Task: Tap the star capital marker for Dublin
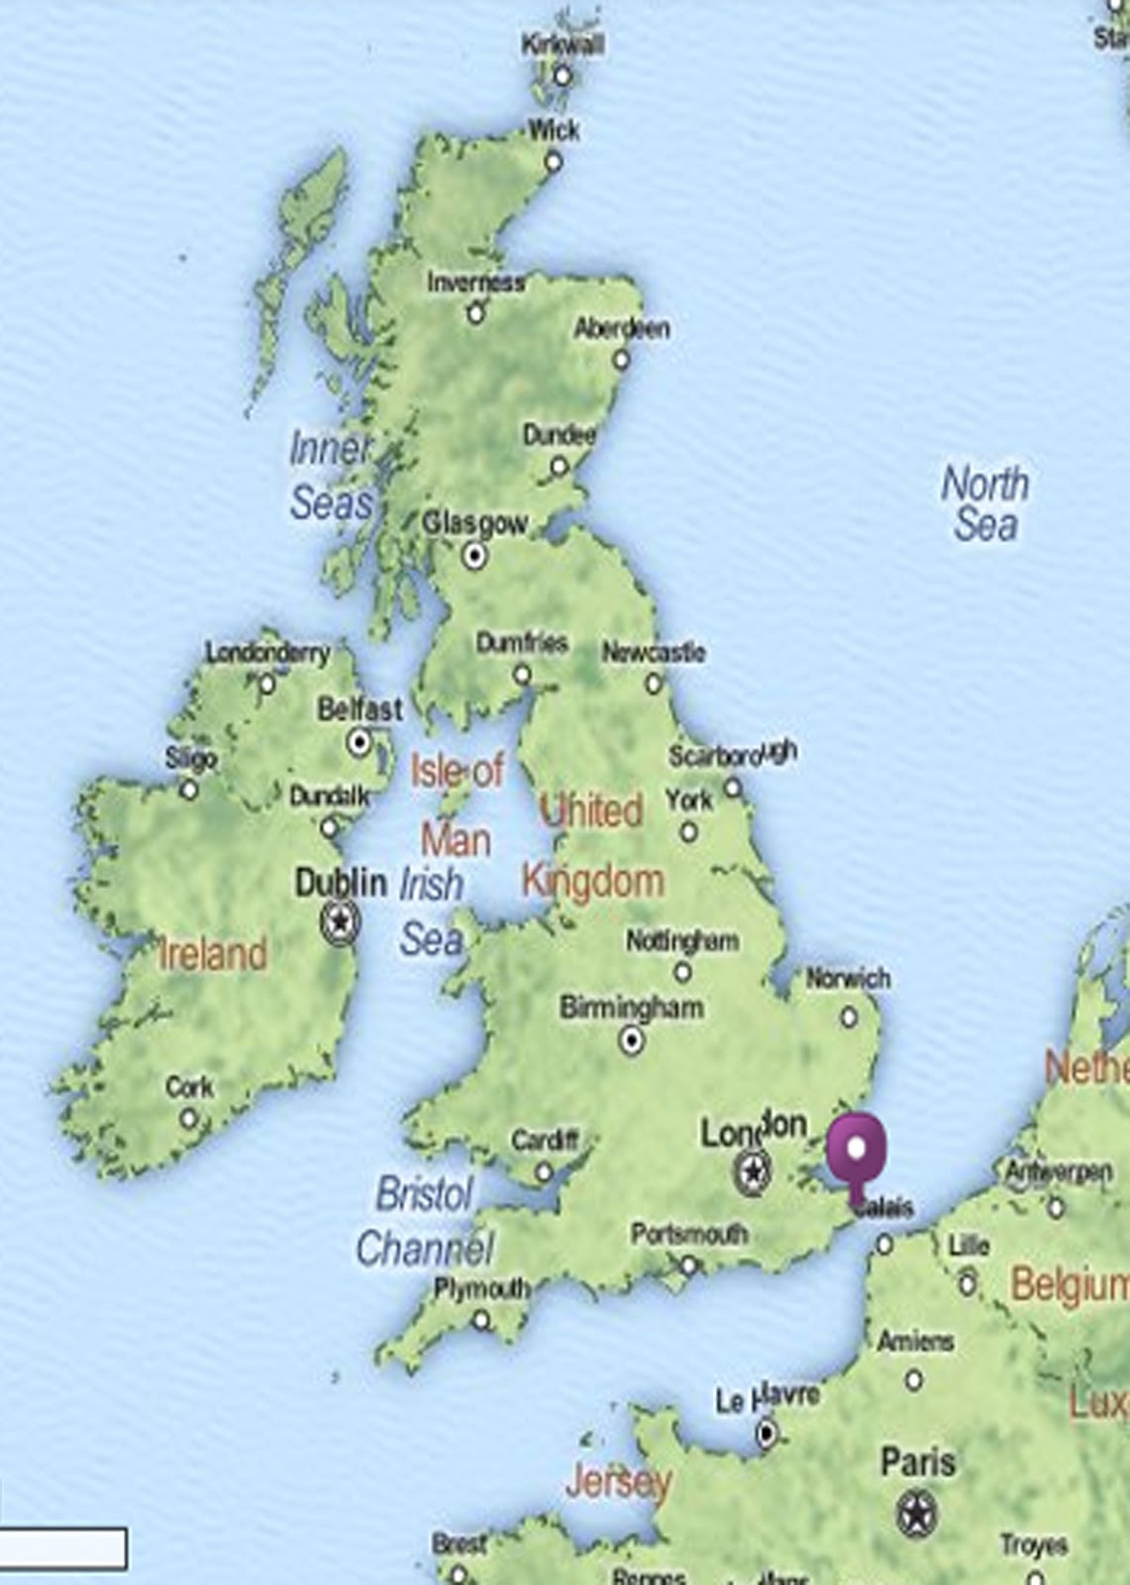point(340,921)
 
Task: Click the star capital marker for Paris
point(917,1514)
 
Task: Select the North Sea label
point(984,503)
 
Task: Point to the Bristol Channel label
point(424,1220)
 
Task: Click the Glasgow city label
point(474,523)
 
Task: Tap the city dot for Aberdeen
point(621,359)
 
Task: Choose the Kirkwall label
point(562,44)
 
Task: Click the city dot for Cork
point(188,1119)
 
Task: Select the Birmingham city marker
point(631,1041)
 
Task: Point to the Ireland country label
point(213,954)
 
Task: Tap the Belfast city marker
point(360,741)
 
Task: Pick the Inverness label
point(475,282)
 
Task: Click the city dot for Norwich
point(849,1016)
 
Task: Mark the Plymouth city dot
point(481,1320)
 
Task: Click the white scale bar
point(63,1547)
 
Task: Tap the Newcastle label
point(654,653)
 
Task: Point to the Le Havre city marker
point(766,1432)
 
